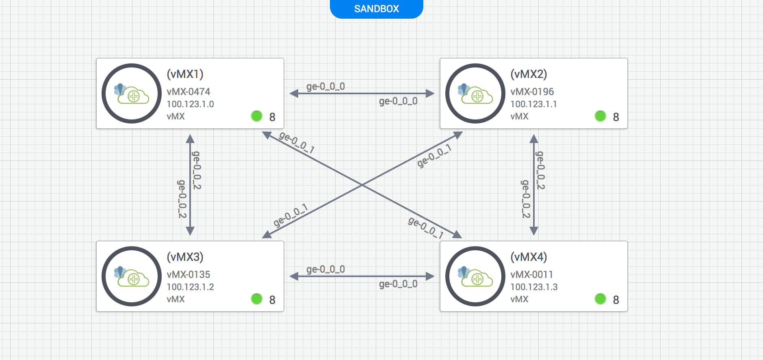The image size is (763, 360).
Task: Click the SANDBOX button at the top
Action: [376, 9]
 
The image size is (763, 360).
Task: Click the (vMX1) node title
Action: [185, 74]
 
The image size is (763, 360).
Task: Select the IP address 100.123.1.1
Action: [533, 104]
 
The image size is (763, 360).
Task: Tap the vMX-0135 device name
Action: [189, 274]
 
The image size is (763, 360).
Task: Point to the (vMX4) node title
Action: [529, 257]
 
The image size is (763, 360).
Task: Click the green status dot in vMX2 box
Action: [600, 116]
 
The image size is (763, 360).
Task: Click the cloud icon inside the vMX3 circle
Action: [132, 278]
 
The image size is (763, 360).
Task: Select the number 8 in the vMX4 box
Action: [616, 300]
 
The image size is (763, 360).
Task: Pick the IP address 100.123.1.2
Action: [190, 287]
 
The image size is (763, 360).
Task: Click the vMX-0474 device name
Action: [189, 91]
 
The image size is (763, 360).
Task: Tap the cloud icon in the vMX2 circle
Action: [476, 95]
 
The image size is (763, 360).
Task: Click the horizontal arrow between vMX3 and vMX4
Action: [362, 276]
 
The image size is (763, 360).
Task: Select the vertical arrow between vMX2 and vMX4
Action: [534, 185]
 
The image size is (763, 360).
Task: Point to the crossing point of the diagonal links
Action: [362, 185]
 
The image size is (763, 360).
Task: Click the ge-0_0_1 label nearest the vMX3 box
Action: [290, 215]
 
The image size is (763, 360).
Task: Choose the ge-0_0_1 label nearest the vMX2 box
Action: [434, 156]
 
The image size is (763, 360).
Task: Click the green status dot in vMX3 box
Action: [256, 299]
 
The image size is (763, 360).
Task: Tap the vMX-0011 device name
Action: [531, 274]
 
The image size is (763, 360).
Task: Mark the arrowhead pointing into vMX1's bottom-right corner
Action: [267, 134]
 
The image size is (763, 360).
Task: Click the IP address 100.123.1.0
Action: [190, 104]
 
